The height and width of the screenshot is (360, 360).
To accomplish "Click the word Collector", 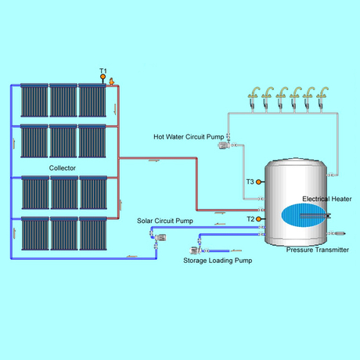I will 63,168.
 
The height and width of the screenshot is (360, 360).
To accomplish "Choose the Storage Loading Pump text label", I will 218,259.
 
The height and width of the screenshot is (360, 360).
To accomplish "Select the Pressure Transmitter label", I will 317,250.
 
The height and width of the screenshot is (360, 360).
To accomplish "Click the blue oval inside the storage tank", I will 300,214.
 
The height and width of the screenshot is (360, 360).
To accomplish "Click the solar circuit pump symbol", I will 153,246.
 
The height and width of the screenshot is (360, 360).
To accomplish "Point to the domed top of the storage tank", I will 295,162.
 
